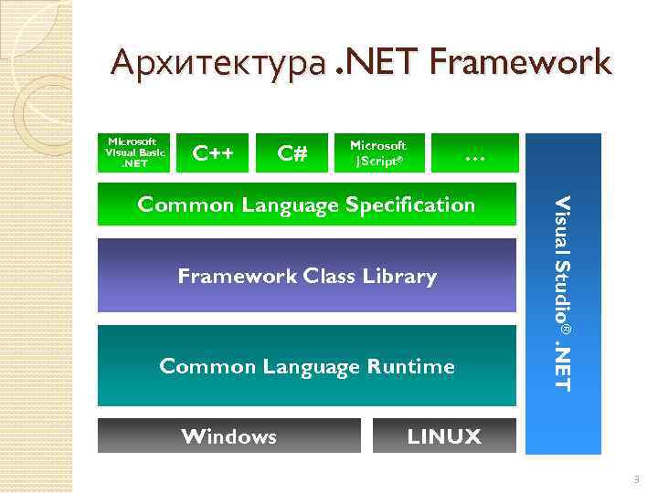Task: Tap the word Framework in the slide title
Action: point(517,64)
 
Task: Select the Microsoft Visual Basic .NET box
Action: point(134,153)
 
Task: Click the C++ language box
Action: point(213,153)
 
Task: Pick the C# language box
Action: point(292,153)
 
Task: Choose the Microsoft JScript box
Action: point(378,153)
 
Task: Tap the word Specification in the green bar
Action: point(410,205)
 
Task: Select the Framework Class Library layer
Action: point(307,276)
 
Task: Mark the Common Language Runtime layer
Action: point(307,366)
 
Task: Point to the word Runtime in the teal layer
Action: point(412,367)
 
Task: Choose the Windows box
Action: point(229,436)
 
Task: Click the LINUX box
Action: point(444,436)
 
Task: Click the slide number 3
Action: point(636,479)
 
